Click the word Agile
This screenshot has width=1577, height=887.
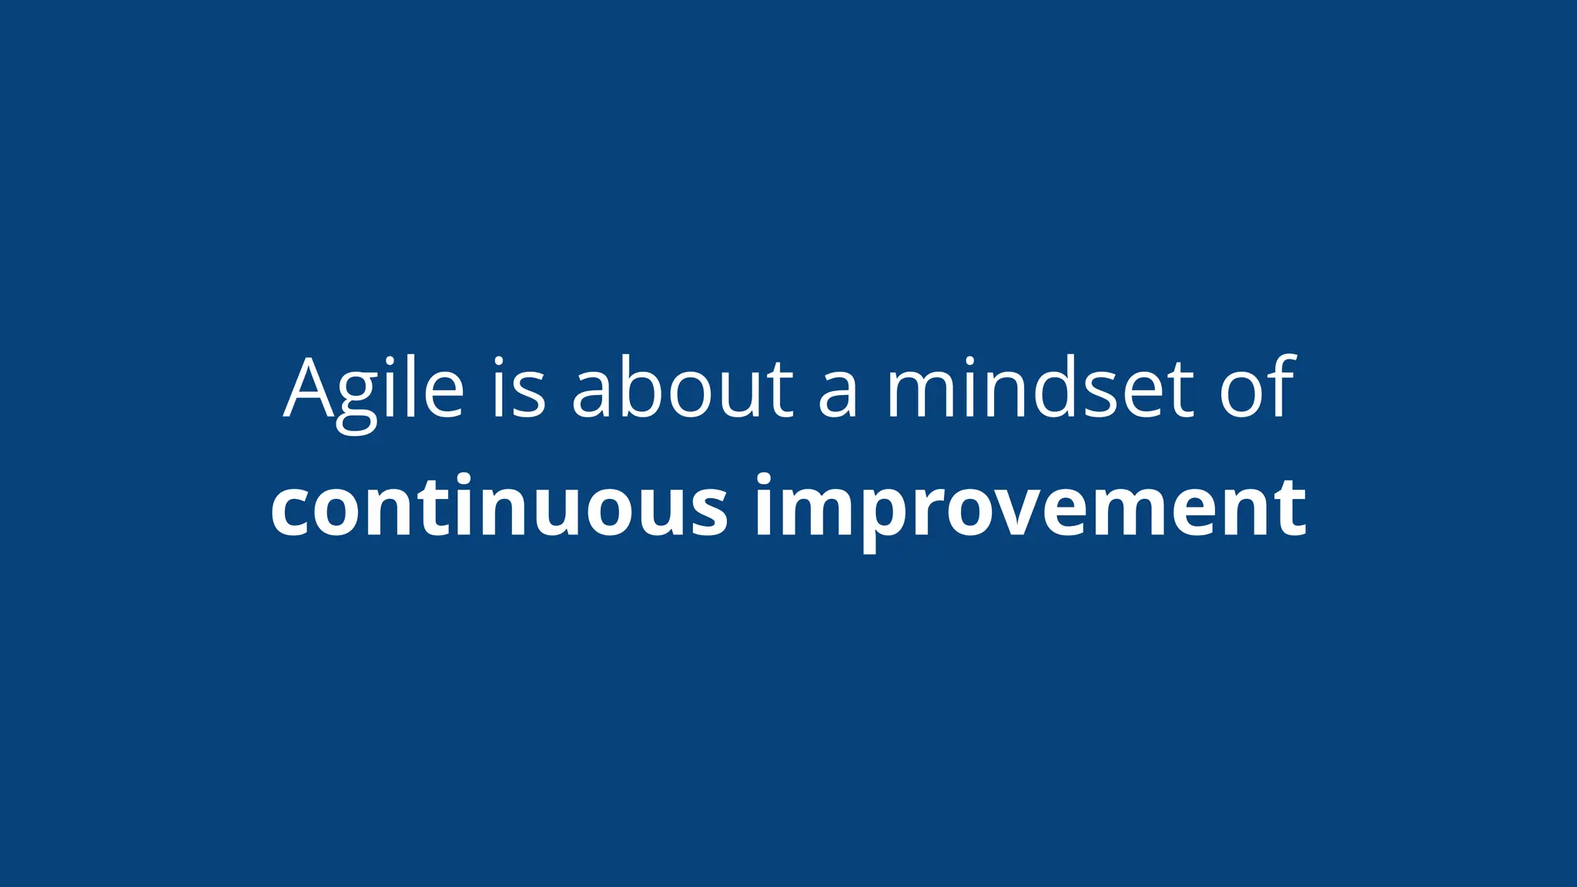point(374,389)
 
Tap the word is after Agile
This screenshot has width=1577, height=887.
point(519,389)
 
